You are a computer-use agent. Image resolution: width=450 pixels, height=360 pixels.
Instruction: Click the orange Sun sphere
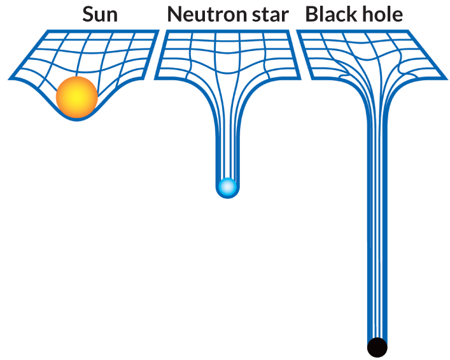76,97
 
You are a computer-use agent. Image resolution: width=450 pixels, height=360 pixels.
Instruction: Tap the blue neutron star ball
227,187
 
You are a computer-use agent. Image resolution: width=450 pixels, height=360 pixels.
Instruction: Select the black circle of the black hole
377,347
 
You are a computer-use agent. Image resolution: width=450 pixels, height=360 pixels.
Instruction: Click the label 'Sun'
100,14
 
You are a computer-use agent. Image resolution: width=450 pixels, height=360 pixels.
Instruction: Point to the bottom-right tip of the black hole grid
446,79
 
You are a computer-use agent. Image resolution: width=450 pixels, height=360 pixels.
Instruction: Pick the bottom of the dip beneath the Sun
76,119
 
